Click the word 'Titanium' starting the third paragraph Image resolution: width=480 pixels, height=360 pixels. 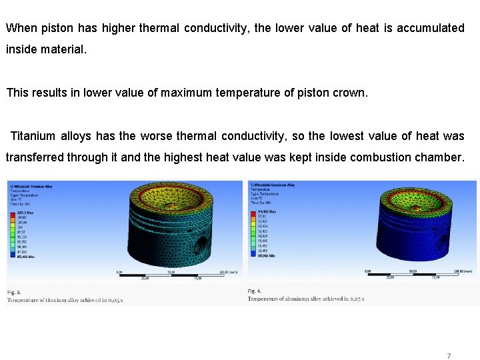(33, 136)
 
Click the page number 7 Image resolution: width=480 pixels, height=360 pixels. (449, 355)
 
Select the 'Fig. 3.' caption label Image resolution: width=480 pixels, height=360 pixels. (14, 292)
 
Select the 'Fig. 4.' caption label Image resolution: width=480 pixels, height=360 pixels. (255, 291)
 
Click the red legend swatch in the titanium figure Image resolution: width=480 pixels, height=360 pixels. (11, 213)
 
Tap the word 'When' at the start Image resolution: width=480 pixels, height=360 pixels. (21, 28)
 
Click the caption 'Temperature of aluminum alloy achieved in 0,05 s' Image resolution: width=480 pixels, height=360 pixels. (305, 299)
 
